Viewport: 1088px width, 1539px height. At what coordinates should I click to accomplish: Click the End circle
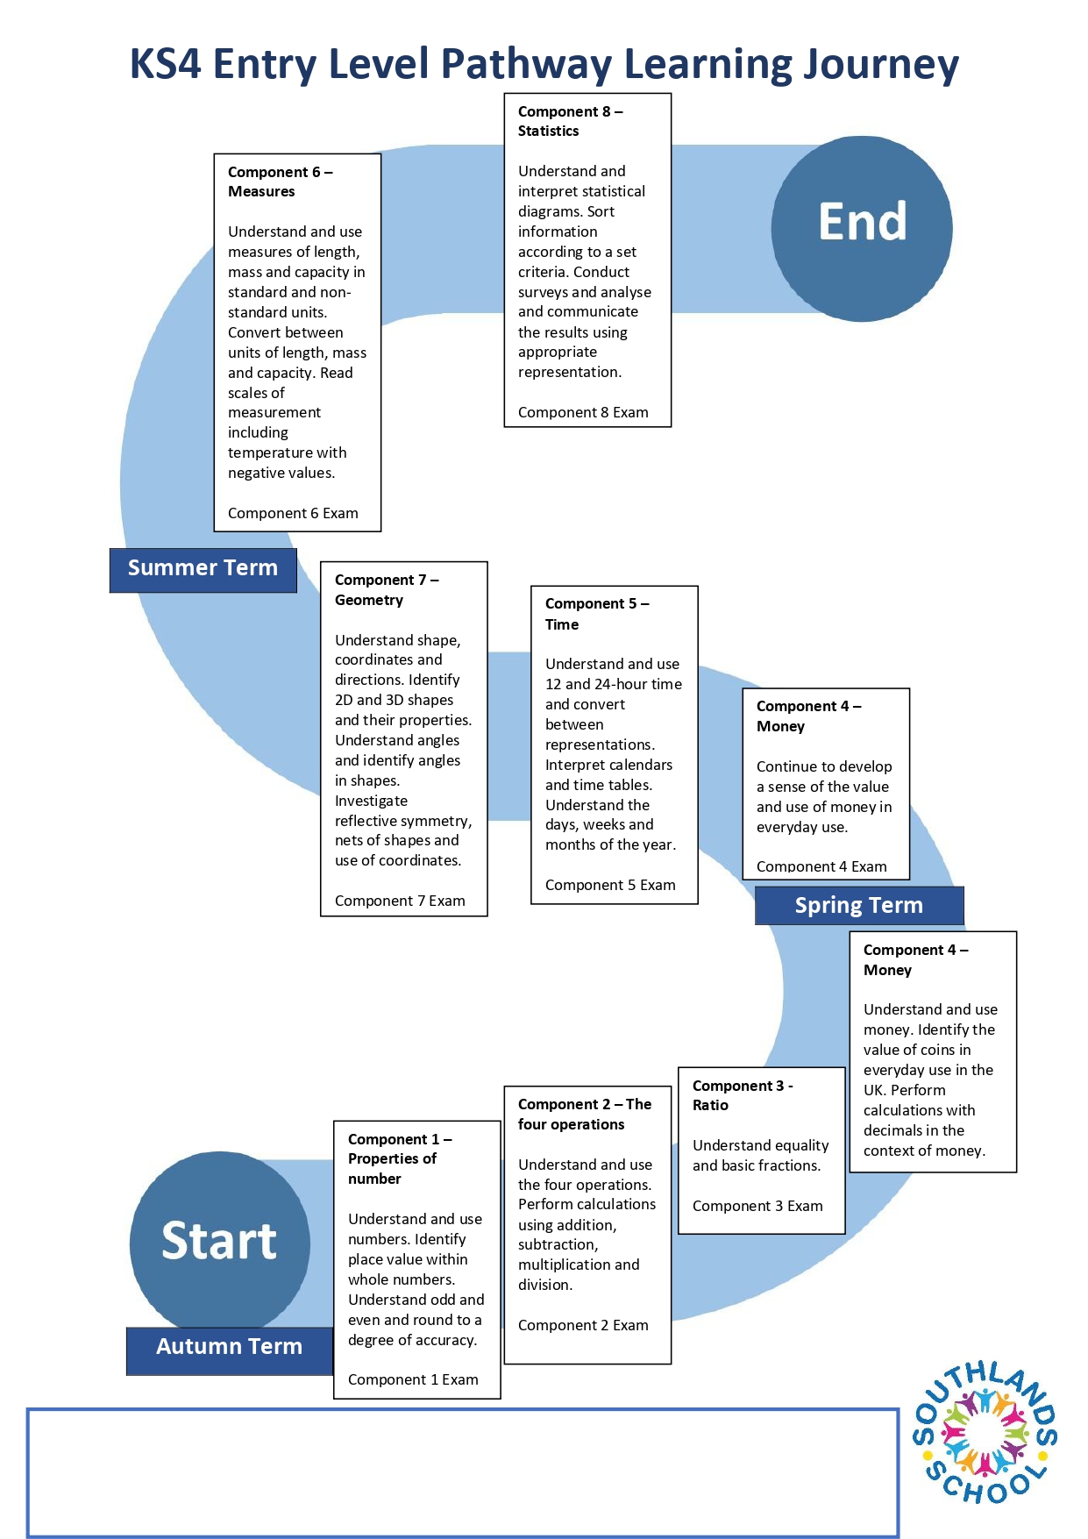click(x=861, y=228)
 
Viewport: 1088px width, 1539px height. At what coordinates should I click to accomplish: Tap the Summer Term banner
click(x=203, y=569)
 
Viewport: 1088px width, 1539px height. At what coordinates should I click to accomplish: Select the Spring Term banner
click(x=858, y=906)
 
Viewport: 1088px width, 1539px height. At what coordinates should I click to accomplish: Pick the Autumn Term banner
click(x=229, y=1348)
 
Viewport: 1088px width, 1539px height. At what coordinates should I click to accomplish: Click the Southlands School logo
click(x=985, y=1434)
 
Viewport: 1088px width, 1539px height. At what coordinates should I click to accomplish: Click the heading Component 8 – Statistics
click(x=570, y=122)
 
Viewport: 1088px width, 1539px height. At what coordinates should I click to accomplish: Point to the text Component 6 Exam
click(x=293, y=514)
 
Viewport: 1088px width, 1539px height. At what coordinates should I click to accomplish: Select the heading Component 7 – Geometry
click(x=386, y=590)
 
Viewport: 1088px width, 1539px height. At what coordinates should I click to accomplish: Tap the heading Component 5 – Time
click(x=596, y=614)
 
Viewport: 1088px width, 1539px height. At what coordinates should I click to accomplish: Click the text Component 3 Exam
click(x=757, y=1207)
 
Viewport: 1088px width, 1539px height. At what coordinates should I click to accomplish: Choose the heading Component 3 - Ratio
click(x=742, y=1095)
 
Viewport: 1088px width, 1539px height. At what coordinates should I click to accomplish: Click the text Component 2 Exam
click(x=583, y=1326)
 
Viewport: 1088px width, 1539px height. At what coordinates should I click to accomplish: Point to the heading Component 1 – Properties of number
click(x=399, y=1158)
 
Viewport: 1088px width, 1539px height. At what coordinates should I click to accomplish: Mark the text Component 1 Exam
click(x=413, y=1380)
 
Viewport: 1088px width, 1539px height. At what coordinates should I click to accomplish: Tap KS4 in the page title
click(x=165, y=65)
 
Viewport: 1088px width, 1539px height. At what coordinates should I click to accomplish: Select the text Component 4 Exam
click(x=821, y=866)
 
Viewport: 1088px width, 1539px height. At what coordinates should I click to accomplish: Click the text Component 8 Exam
click(x=583, y=413)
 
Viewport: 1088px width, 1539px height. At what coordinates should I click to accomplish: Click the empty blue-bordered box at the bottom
click(x=462, y=1472)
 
